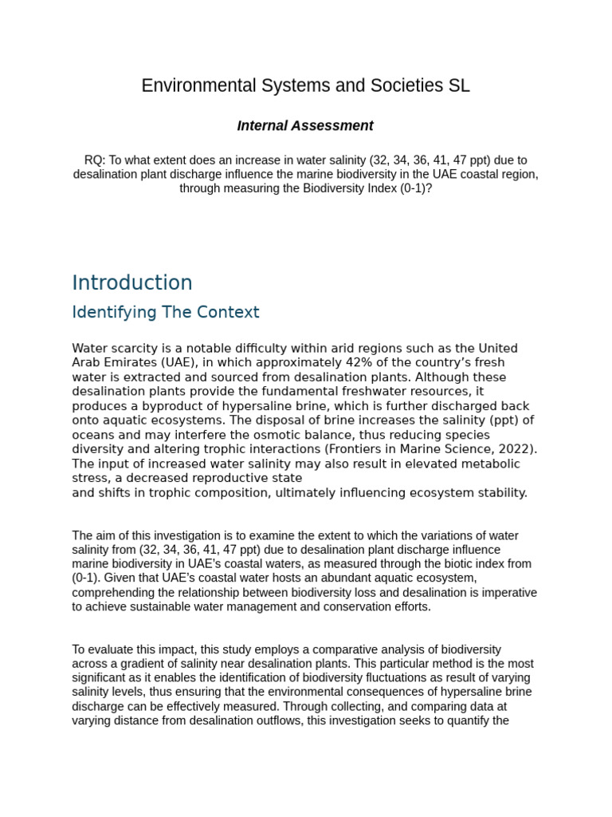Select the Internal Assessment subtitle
point(305,126)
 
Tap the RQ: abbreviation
point(94,160)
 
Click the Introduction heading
point(132,283)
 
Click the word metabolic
point(488,464)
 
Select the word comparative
point(328,649)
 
